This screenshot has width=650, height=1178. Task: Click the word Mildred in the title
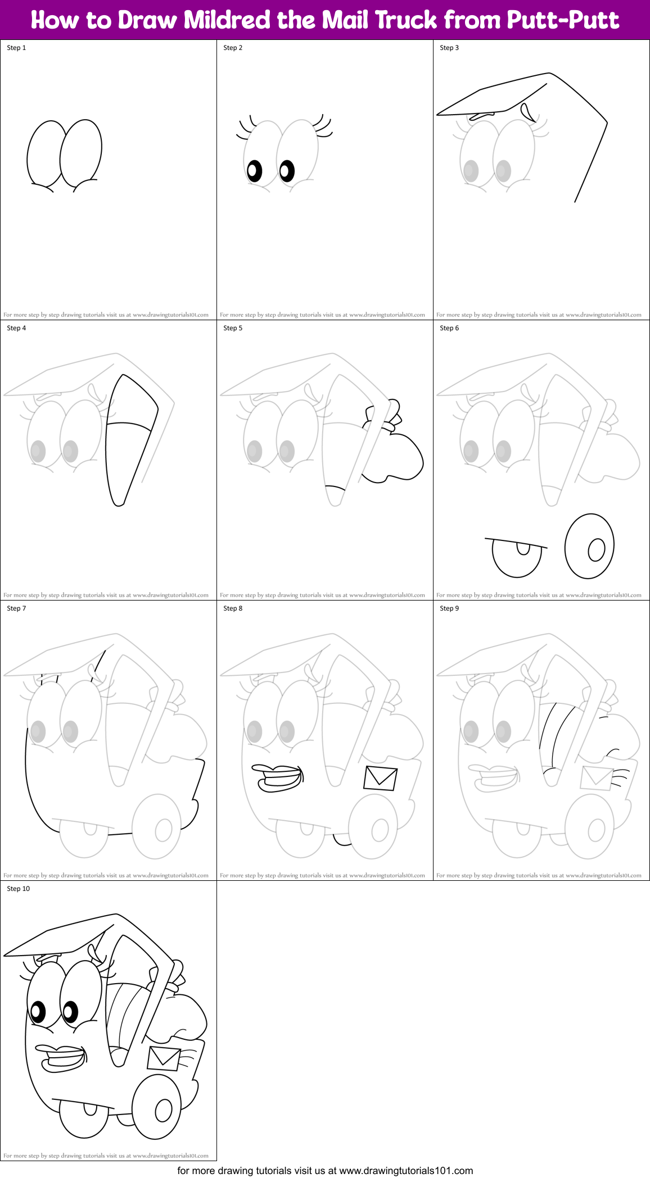point(228,20)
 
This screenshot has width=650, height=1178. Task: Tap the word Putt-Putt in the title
point(562,20)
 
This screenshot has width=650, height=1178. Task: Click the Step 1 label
point(16,48)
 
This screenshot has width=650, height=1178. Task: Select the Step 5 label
point(233,328)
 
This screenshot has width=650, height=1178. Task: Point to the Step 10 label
point(18,889)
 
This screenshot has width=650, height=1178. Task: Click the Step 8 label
point(233,608)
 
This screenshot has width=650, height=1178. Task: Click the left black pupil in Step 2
point(254,171)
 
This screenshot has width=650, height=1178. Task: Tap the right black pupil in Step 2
point(287,171)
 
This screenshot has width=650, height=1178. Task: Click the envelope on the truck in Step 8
point(381,778)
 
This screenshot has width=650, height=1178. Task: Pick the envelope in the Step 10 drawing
point(164,1058)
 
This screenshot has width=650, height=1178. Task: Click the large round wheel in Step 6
point(589,546)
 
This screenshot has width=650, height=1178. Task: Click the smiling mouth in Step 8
point(278,777)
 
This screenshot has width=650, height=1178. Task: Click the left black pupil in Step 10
point(38,1012)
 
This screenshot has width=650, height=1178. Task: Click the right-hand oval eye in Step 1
point(81,153)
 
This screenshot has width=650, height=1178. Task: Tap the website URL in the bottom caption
point(406,1171)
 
